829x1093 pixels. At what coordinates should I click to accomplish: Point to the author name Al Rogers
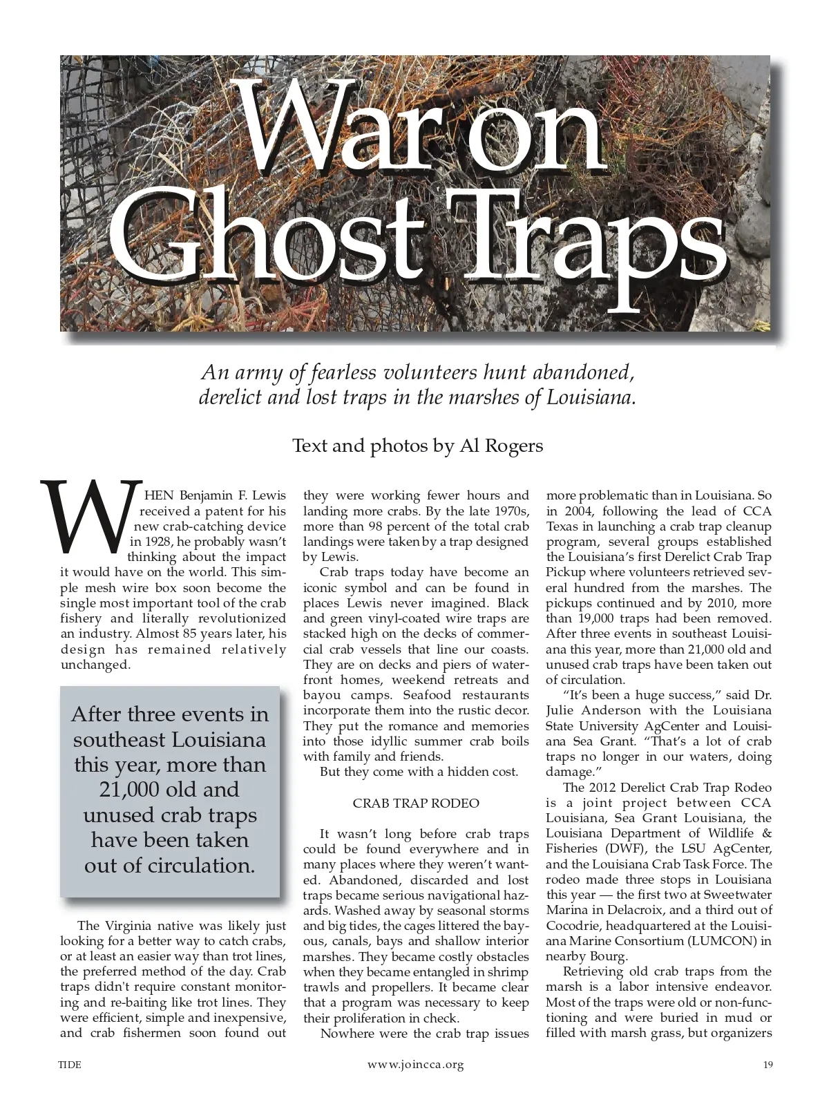pos(502,446)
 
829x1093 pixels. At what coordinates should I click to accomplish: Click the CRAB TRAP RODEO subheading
pos(416,803)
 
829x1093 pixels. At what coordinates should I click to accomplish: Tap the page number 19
pos(768,1065)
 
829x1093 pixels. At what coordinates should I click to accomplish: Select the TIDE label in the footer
pos(70,1065)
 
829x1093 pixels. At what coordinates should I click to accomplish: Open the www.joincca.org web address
pos(416,1065)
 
